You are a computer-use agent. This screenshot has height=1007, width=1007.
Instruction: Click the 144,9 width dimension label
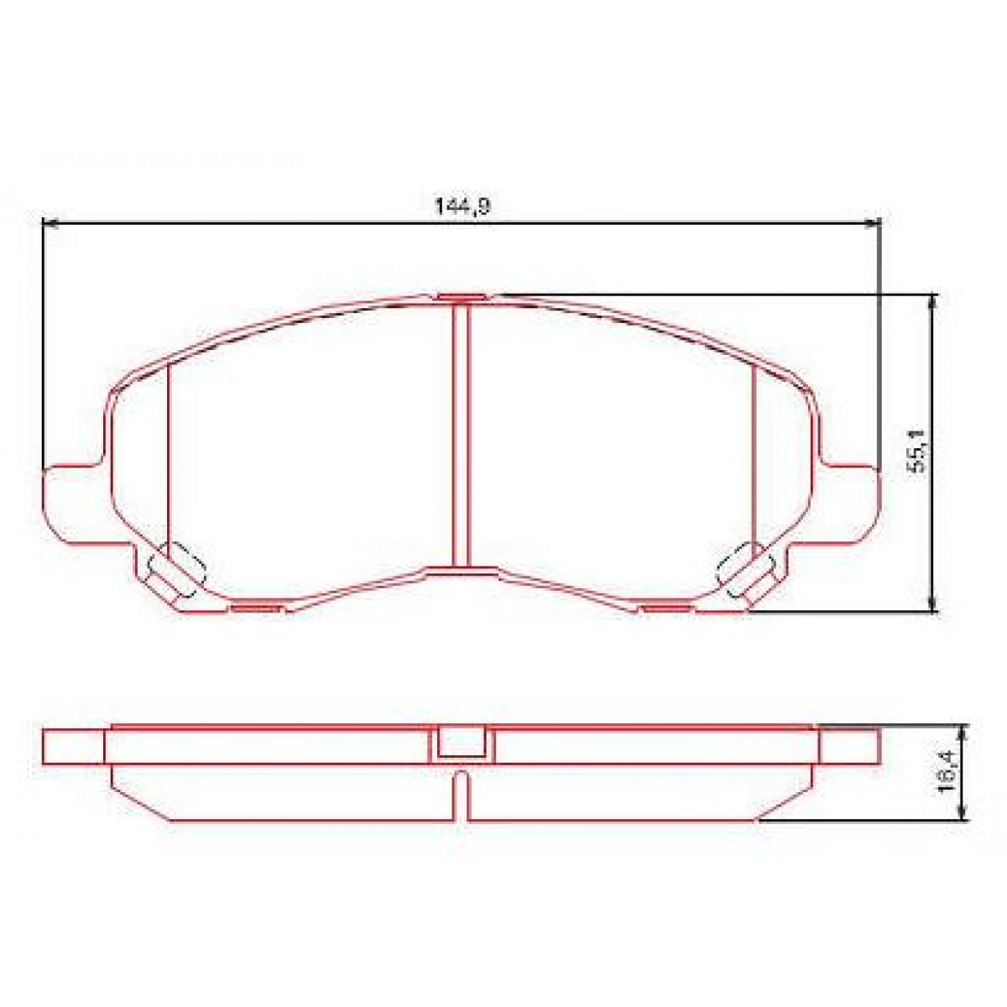461,206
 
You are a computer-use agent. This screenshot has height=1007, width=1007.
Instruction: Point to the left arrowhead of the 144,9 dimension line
49,223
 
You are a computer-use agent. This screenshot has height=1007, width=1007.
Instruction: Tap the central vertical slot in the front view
460,432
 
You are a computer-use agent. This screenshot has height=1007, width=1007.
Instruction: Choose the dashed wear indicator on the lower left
175,572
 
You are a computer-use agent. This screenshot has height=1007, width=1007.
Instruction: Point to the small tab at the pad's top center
461,296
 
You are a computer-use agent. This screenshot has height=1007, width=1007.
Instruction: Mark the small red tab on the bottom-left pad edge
257,607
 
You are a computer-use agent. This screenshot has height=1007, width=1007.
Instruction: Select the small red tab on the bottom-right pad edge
665,607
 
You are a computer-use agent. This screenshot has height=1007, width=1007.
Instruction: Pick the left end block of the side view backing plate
74,746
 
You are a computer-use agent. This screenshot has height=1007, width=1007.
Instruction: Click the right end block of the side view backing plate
849,746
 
